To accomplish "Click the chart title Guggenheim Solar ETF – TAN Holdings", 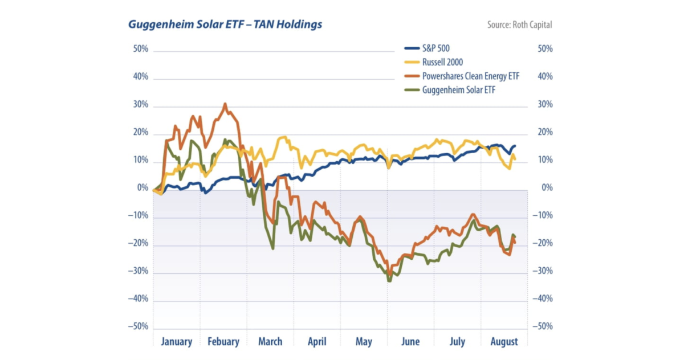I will pyautogui.click(x=225, y=24).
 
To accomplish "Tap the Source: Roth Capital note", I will pyautogui.click(x=519, y=25).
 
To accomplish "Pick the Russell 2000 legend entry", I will pyautogui.click(x=442, y=62).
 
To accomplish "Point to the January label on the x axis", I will pyautogui.click(x=177, y=342).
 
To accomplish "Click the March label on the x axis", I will pyautogui.click(x=270, y=342).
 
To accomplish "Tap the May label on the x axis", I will pyautogui.click(x=364, y=342).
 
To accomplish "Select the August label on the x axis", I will pyautogui.click(x=504, y=342).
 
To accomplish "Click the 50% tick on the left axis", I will pyautogui.click(x=140, y=49).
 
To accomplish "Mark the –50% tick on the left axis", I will pyautogui.click(x=137, y=327).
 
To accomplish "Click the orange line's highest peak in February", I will pyautogui.click(x=225, y=104).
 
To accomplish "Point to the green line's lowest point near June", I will pyautogui.click(x=389, y=281).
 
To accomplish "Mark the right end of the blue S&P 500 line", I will pyautogui.click(x=515, y=146).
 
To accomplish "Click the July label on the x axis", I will pyautogui.click(x=457, y=342).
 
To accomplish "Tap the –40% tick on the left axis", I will pyautogui.click(x=137, y=299).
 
